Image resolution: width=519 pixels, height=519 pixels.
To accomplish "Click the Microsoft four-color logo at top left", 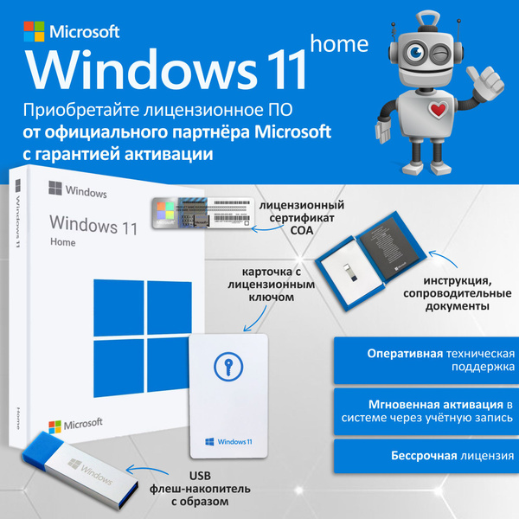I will (33, 32).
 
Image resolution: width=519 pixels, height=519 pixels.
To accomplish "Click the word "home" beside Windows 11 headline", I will (339, 43).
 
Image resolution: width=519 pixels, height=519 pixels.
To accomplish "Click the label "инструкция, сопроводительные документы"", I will (456, 295).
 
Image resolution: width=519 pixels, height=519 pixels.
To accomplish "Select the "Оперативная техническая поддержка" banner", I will (426, 361).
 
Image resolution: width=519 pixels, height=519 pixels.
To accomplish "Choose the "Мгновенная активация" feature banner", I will (426, 412).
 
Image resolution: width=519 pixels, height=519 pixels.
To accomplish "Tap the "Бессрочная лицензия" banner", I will (426, 456).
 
